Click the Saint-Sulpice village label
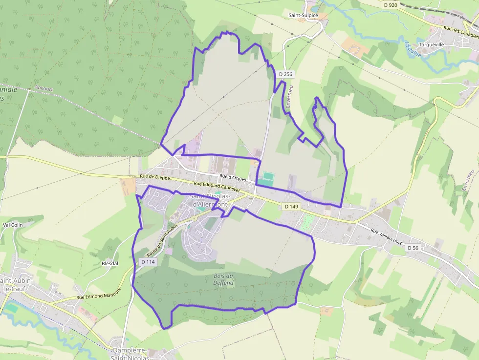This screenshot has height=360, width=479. (x=303, y=16)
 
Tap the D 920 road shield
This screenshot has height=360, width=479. (x=391, y=4)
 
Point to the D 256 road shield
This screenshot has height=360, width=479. (x=285, y=74)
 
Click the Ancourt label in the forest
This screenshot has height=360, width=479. (x=44, y=89)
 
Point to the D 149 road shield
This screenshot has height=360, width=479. (x=291, y=207)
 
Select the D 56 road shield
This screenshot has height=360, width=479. (x=413, y=248)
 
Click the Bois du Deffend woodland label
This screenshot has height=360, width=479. (x=223, y=279)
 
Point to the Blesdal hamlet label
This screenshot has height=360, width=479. (x=109, y=263)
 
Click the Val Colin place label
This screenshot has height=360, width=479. (x=13, y=225)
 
